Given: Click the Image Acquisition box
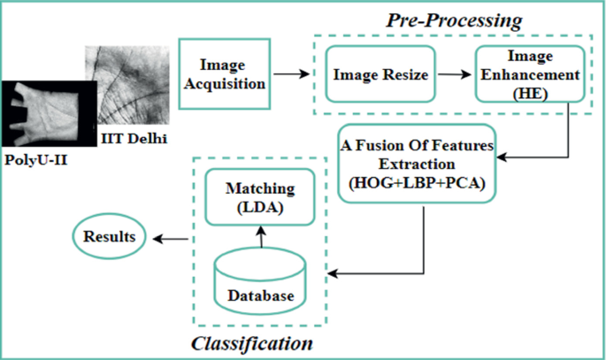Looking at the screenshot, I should tap(222, 74).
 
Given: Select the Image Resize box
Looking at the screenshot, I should tap(380, 75).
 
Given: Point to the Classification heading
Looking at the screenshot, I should tap(251, 341).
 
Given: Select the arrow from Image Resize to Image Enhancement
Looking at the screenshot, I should tap(453, 75).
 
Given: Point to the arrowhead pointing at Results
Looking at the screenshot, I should tap(157, 238).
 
